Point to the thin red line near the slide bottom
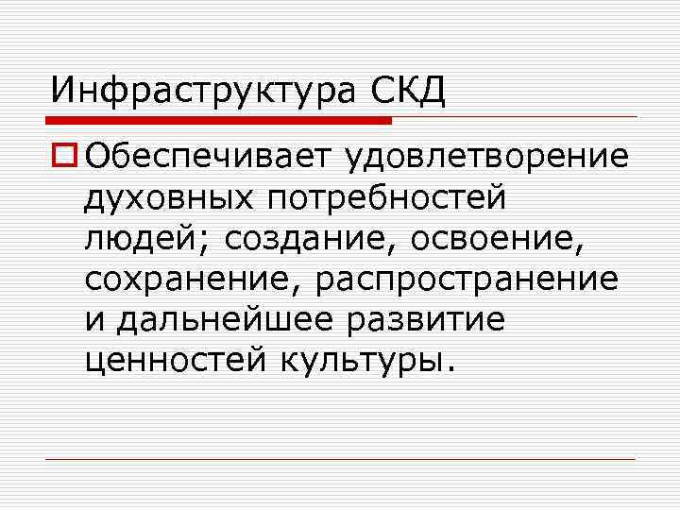click(340, 459)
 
